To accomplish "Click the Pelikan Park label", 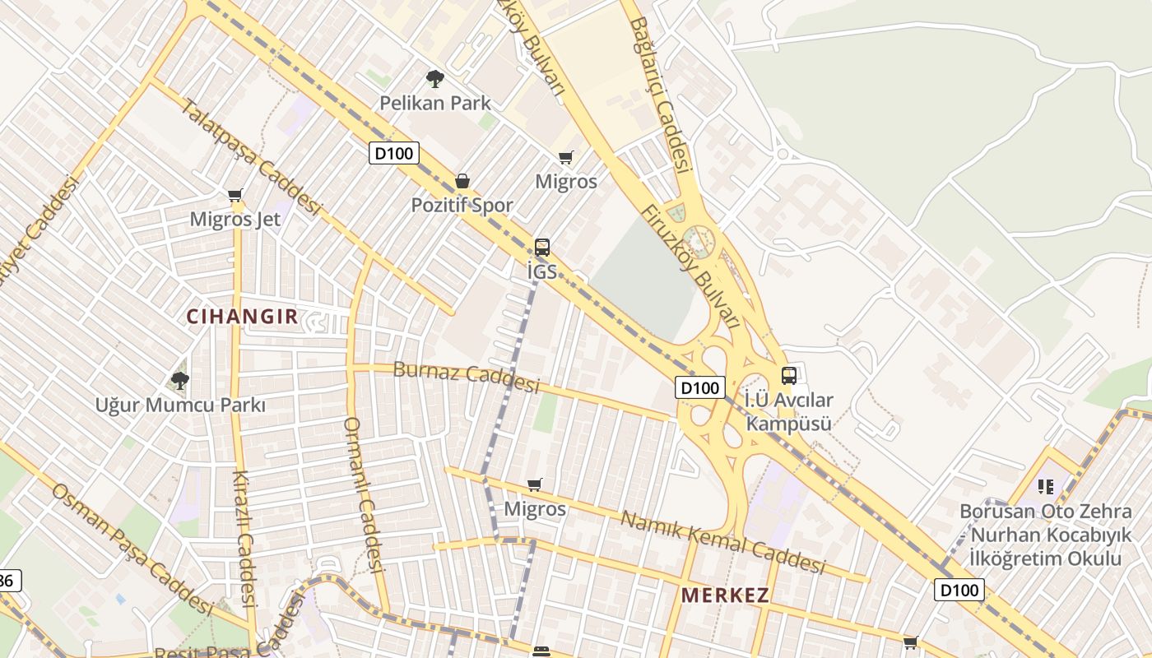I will coord(434,103).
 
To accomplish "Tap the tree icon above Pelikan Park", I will coord(435,79).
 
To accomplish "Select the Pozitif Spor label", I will coord(462,205).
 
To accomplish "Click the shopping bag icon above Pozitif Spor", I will coord(462,181).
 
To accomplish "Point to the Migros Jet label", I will coord(235,219).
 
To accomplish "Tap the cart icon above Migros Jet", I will coord(235,196).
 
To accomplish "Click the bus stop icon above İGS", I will coord(541,247).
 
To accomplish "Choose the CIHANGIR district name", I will coord(242,317).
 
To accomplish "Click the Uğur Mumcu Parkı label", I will coord(180,405).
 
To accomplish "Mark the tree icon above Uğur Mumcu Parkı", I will coord(180,380).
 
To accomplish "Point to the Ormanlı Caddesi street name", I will coord(364,494).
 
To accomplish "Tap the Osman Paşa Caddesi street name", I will coord(132,547).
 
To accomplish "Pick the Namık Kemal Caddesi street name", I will coord(722,542).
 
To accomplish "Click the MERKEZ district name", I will coord(725,595).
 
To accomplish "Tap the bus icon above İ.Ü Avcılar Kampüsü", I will coord(788,376).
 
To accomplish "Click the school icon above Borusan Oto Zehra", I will coord(1046,487).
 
